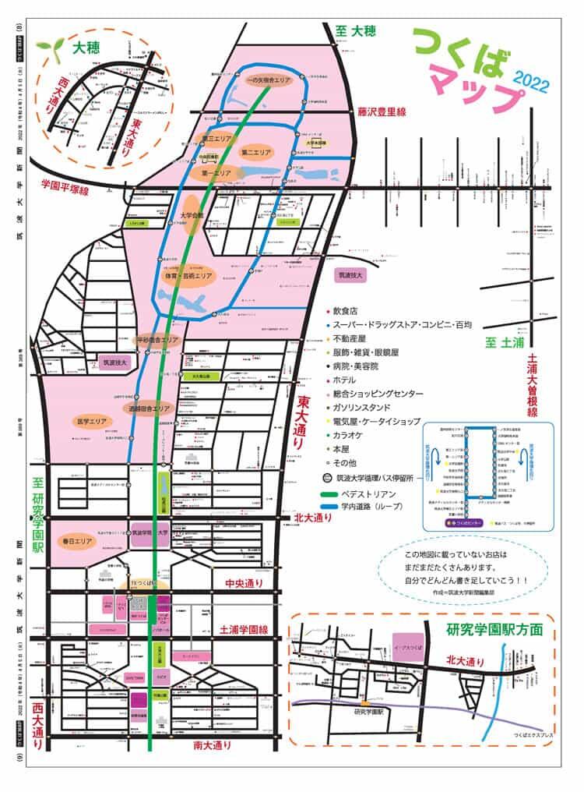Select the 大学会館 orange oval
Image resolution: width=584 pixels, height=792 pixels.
point(191,221)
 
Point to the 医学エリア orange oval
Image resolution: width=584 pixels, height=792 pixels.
point(90,421)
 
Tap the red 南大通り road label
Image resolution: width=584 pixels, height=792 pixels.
point(212,745)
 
